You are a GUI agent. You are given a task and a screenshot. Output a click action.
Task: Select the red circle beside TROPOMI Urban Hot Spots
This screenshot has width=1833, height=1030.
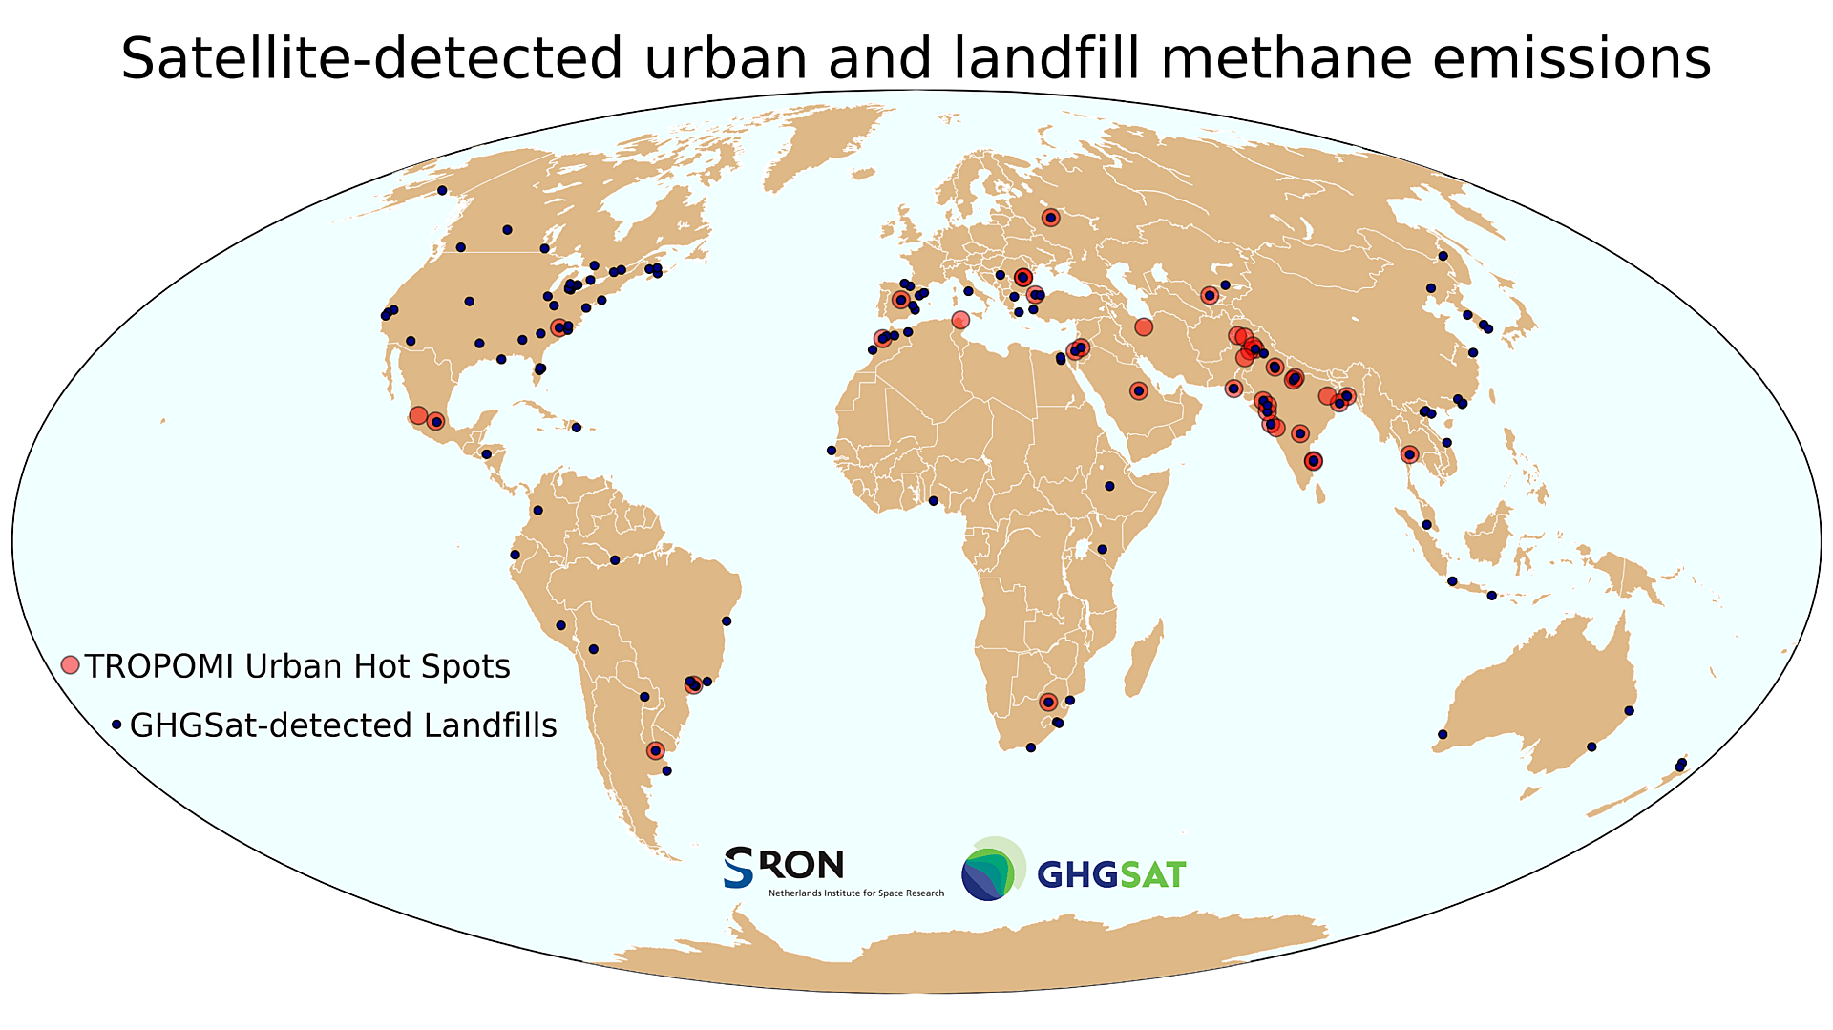click(70, 665)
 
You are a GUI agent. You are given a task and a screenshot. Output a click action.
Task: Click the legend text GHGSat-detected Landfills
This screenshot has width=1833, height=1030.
click(343, 725)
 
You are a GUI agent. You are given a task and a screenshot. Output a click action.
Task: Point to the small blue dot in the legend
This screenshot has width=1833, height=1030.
click(116, 725)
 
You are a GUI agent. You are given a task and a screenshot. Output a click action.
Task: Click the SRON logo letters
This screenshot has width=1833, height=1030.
click(785, 867)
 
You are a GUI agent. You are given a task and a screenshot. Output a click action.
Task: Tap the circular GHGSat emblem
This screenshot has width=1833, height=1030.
click(991, 870)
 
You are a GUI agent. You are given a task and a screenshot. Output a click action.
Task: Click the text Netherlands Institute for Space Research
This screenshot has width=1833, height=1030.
click(855, 893)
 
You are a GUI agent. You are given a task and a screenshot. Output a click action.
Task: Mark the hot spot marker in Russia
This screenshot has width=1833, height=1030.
click(1050, 218)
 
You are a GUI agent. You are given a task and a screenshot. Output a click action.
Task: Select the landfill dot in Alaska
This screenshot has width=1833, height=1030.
click(442, 190)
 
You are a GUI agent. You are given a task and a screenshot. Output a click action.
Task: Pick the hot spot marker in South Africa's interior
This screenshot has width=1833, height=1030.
click(1048, 702)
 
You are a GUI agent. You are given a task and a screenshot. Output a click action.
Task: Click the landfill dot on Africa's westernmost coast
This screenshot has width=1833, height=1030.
click(831, 451)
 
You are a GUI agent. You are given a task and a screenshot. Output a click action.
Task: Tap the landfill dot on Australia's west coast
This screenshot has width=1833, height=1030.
click(1443, 734)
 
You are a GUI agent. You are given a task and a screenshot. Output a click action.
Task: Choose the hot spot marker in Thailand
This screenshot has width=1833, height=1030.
click(1409, 454)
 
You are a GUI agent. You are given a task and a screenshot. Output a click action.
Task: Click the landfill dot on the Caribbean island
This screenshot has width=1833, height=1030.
click(577, 427)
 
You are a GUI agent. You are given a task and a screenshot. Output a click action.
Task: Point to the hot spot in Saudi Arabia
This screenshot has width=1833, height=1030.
click(1138, 390)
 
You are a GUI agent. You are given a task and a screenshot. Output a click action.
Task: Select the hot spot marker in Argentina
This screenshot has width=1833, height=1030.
click(655, 750)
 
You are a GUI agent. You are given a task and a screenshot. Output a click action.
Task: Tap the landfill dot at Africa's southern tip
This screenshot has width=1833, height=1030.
click(1030, 747)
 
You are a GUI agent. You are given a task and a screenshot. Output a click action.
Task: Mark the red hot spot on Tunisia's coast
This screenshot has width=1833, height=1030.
click(960, 320)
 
